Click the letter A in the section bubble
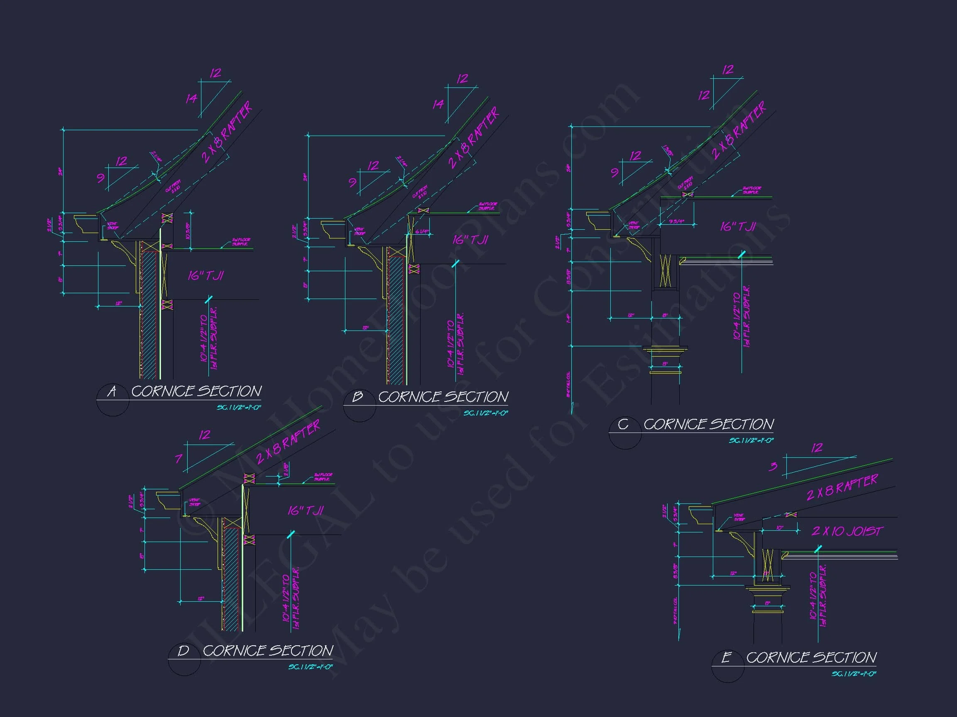pyautogui.click(x=112, y=391)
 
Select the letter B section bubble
pyautogui.click(x=357, y=396)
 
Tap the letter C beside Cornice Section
pyautogui.click(x=623, y=424)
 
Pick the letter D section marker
pyautogui.click(x=184, y=651)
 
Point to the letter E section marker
pyautogui.click(x=727, y=657)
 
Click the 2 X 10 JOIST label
pyautogui.click(x=846, y=531)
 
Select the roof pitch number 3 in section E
pyautogui.click(x=773, y=466)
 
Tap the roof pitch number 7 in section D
pyautogui.click(x=179, y=459)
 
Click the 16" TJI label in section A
pyautogui.click(x=206, y=276)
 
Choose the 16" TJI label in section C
pyautogui.click(x=738, y=226)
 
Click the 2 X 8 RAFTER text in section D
pyautogui.click(x=288, y=441)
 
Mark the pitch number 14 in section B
pyautogui.click(x=438, y=104)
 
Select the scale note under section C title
pyautogui.click(x=751, y=440)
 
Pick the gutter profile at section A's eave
pyautogui.click(x=86, y=224)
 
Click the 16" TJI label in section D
pyautogui.click(x=306, y=511)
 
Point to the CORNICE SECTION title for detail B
pyautogui.click(x=443, y=397)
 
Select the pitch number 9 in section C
pyautogui.click(x=614, y=173)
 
